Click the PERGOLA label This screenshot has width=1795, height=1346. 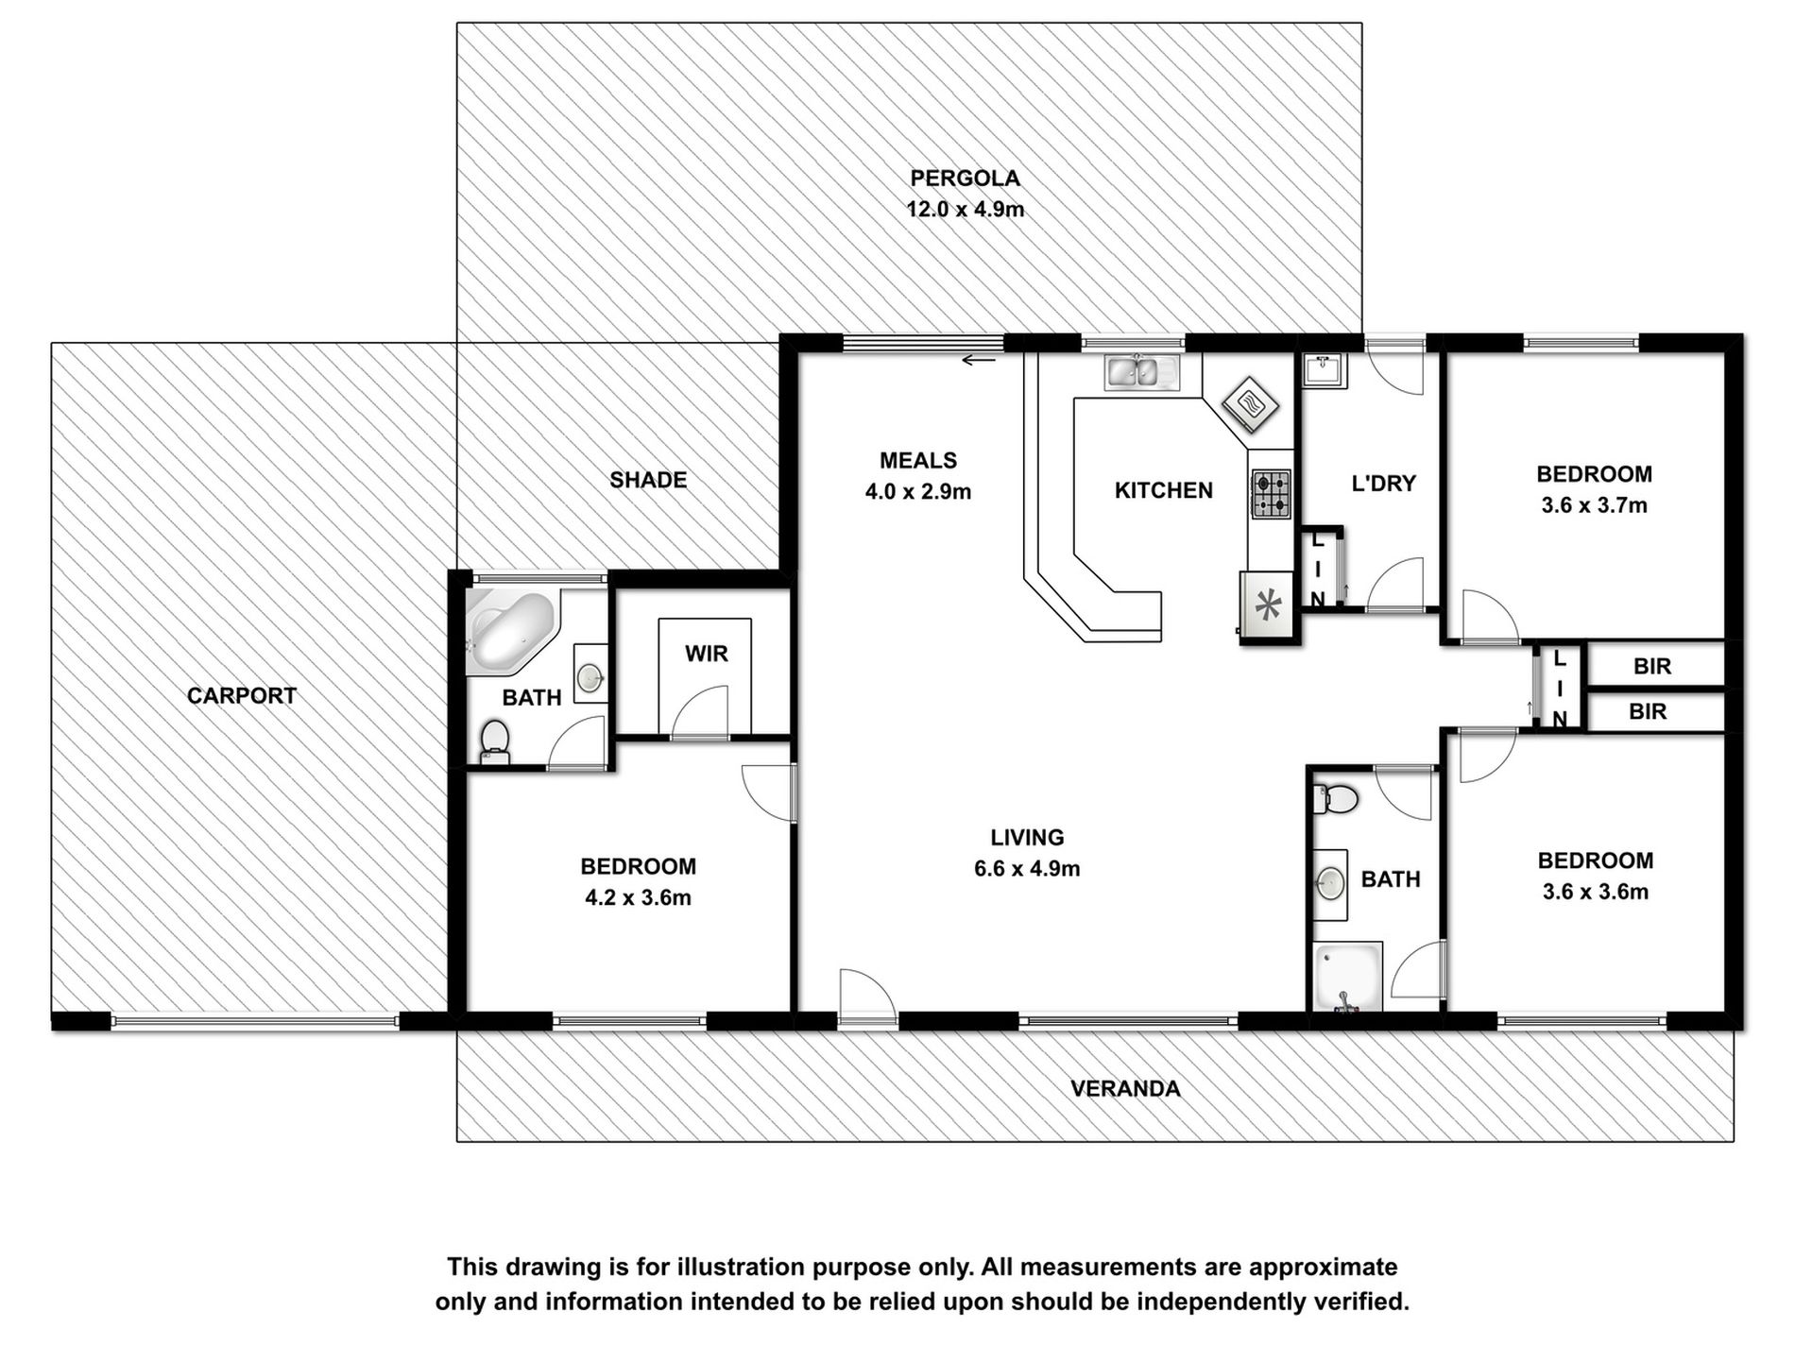click(965, 179)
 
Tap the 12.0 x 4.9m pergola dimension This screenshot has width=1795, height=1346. click(965, 210)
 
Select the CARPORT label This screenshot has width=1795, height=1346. click(242, 696)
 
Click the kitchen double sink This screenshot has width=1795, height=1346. click(1142, 371)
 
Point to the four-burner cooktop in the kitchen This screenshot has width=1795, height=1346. click(1272, 495)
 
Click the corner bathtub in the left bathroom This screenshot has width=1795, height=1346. click(511, 628)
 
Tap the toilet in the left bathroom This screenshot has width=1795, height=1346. click(495, 741)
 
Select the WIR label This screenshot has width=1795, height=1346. click(707, 654)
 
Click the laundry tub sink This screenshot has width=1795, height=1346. click(1325, 369)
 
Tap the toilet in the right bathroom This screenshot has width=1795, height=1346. click(1335, 800)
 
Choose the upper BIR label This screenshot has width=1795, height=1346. click(1652, 667)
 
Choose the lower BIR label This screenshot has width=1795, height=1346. click(1648, 712)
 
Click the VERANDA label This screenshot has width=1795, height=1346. click(1125, 1089)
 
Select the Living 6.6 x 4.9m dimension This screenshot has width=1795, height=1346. click(1027, 869)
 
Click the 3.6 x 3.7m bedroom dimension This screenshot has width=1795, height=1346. click(1594, 505)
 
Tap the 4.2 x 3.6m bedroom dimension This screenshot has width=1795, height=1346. click(638, 898)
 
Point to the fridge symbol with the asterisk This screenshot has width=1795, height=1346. click(1267, 605)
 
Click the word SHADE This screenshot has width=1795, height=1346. click(648, 480)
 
